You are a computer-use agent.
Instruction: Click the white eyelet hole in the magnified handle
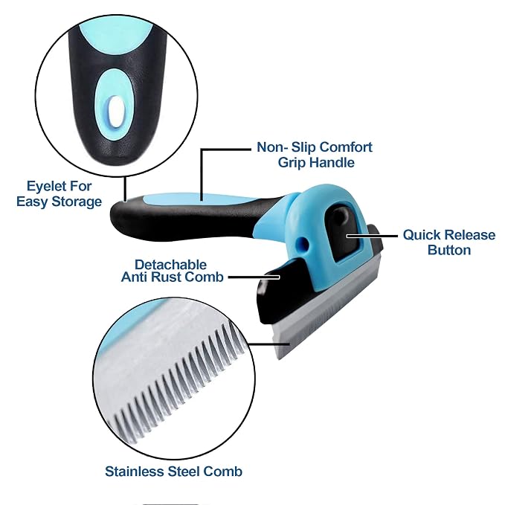117,110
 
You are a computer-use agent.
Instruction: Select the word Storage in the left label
77,202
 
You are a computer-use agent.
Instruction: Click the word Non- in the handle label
272,147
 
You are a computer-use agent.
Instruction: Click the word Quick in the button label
421,235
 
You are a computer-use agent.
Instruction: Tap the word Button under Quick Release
449,250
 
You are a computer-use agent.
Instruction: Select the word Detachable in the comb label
171,265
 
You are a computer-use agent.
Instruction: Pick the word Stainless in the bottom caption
135,472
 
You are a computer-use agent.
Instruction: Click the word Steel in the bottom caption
184,472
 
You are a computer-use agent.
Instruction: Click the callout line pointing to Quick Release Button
372,236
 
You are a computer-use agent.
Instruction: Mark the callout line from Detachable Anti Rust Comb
254,277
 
